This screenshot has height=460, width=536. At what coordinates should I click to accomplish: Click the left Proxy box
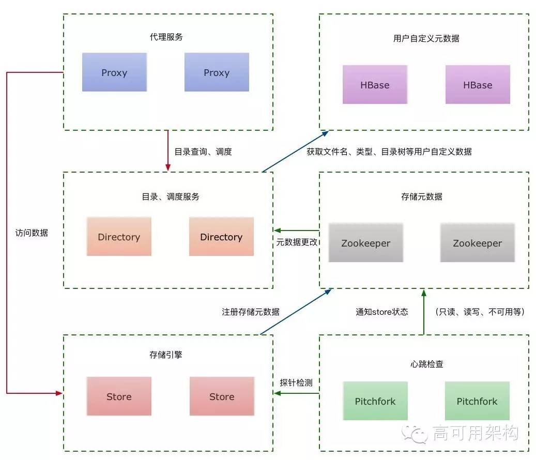click(114, 72)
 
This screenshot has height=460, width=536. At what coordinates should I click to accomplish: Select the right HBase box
click(478, 85)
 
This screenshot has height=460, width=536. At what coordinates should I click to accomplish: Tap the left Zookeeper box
click(366, 243)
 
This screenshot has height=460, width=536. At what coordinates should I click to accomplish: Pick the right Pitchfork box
click(477, 401)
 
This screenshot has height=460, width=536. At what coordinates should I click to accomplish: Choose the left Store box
click(119, 396)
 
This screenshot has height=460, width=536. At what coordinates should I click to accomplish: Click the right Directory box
click(221, 237)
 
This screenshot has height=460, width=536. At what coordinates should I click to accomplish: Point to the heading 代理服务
click(166, 37)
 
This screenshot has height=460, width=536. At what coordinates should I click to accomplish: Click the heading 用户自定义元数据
click(426, 38)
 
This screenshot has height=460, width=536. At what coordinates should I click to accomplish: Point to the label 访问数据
click(32, 233)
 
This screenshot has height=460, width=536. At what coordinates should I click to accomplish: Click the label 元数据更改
click(297, 242)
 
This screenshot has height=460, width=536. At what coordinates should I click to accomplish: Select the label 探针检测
click(296, 383)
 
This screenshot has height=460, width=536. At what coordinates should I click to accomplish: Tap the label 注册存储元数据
click(251, 312)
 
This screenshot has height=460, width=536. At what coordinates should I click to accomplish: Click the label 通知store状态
click(381, 312)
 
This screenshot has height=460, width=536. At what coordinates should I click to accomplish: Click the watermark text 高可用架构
click(476, 433)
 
